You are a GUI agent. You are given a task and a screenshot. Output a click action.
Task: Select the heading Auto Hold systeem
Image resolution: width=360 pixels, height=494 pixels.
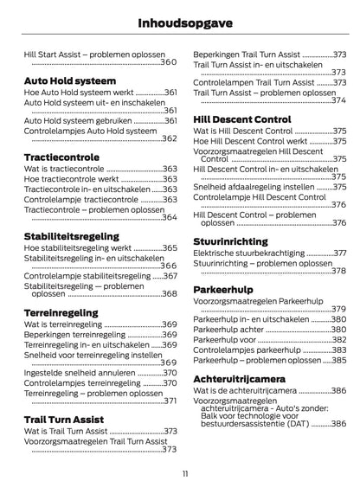(65, 80)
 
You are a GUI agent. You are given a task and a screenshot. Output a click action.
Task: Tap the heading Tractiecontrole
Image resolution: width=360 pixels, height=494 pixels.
(60, 157)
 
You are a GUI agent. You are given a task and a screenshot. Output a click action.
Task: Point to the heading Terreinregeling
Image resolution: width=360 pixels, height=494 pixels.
(61, 312)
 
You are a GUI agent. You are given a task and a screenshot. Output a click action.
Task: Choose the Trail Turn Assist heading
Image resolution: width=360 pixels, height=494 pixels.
(64, 419)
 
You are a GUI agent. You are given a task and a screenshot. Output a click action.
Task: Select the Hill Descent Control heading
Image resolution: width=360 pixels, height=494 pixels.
(241, 119)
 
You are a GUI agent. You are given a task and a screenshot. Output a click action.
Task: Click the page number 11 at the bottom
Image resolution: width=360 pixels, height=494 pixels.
(184, 473)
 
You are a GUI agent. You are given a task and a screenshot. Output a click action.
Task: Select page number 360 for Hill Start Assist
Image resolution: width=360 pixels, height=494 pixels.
(168, 62)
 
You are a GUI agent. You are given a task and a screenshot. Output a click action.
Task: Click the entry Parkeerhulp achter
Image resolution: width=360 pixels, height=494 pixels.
(230, 330)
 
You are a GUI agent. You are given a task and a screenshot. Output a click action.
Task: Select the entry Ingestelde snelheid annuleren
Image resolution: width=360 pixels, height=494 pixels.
(80, 373)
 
